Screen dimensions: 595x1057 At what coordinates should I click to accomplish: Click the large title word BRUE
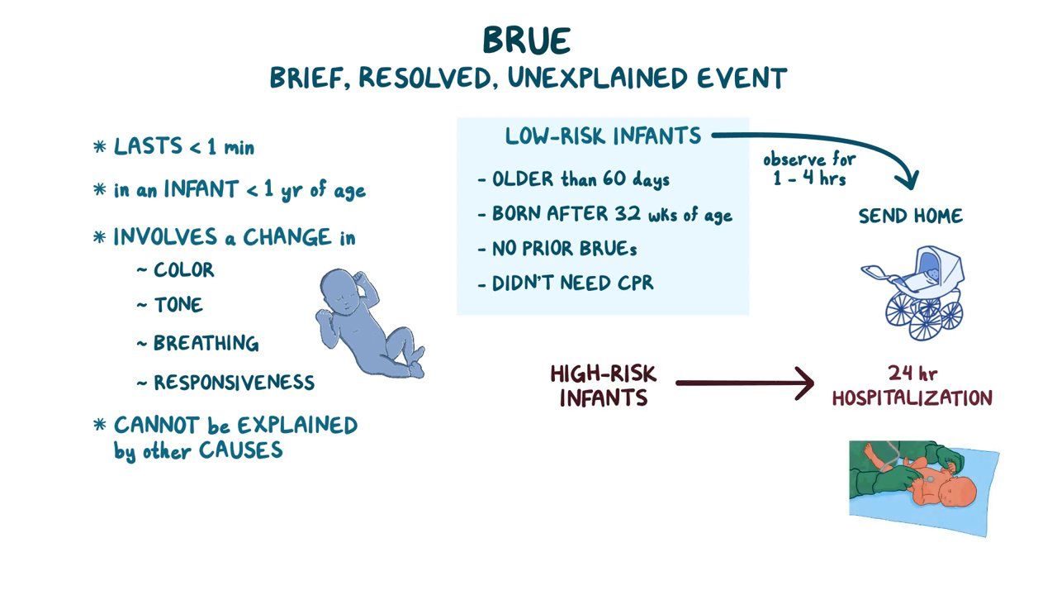click(527, 40)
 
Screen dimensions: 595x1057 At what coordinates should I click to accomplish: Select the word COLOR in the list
click(183, 270)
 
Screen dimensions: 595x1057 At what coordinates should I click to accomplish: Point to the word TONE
click(178, 305)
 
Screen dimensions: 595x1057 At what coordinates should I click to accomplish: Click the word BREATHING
click(206, 344)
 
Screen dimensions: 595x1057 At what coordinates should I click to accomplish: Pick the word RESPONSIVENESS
click(234, 383)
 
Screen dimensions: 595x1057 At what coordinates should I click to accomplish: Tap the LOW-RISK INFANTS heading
click(603, 136)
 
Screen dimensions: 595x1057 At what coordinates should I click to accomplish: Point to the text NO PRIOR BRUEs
click(565, 248)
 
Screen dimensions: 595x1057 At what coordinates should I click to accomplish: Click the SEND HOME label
click(910, 217)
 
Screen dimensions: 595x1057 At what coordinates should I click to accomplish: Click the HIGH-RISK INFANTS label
click(603, 386)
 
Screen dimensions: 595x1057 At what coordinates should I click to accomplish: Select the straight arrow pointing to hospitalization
click(743, 383)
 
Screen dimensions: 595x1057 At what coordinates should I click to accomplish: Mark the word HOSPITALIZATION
click(912, 398)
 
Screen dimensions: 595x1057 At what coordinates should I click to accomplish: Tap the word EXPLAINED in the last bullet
click(297, 426)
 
